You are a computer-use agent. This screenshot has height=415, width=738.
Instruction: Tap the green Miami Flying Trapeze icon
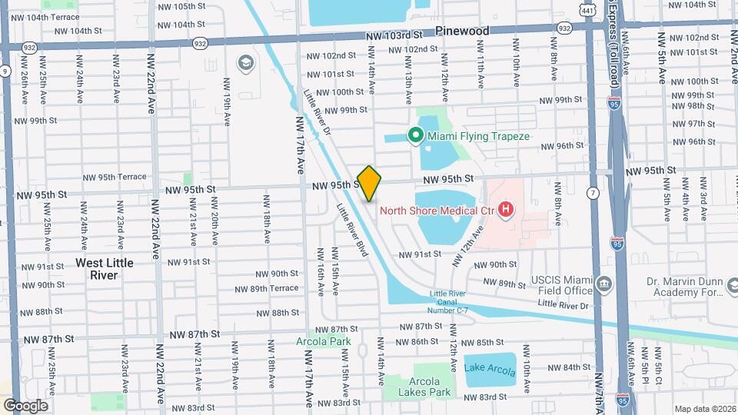416,136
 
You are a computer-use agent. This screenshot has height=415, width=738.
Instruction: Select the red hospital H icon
505,208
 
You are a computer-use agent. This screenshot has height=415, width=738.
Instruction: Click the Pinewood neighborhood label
461,32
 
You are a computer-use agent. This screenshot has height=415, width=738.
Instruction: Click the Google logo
25,405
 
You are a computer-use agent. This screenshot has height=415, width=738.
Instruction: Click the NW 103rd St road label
394,35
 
